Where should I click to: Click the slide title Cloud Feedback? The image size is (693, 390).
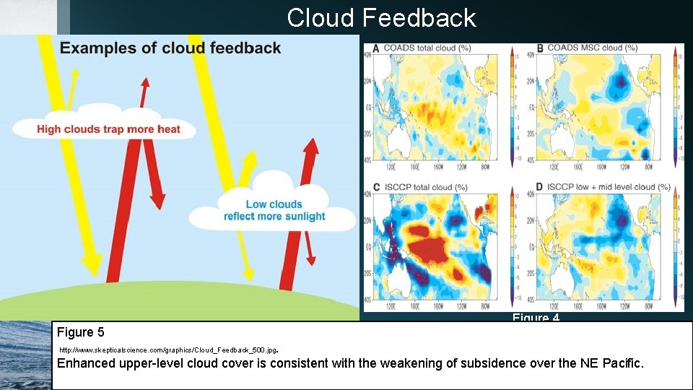pyautogui.click(x=381, y=18)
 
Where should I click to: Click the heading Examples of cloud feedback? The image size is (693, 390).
pyautogui.click(x=170, y=49)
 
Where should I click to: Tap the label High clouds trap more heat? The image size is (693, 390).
pyautogui.click(x=108, y=130)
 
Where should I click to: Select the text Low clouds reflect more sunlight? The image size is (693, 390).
pyautogui.click(x=274, y=210)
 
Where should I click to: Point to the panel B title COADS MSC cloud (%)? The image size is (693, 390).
pyautogui.click(x=592, y=48)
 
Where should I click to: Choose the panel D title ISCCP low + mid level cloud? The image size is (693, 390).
pyautogui.click(x=603, y=188)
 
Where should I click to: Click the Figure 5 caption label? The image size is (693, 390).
pyautogui.click(x=80, y=332)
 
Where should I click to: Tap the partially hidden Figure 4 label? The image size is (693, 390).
pyautogui.click(x=536, y=318)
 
